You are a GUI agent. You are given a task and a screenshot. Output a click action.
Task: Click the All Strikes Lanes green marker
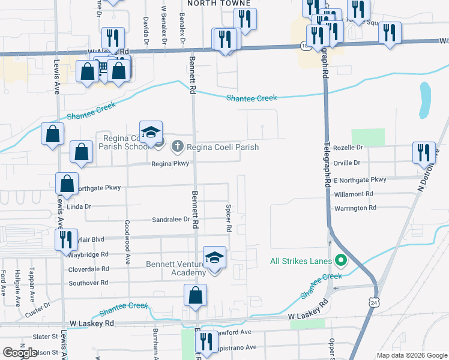click(x=341, y=260)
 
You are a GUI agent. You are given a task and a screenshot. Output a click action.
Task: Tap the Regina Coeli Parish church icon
click(x=178, y=146)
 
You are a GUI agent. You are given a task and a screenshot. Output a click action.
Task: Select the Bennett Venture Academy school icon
click(x=214, y=257)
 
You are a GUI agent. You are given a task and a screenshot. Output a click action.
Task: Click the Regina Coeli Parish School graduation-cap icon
click(x=151, y=132)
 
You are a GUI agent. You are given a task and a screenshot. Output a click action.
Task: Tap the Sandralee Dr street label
click(x=171, y=220)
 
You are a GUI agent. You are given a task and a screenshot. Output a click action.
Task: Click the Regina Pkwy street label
click(x=170, y=163)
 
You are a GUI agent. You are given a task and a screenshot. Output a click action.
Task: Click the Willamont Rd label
click(x=354, y=194)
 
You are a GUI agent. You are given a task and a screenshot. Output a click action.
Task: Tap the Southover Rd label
click(x=88, y=283)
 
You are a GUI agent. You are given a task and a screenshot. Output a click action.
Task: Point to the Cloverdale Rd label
click(x=89, y=269)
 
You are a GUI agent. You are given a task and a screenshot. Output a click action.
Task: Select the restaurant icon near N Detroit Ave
click(x=424, y=153)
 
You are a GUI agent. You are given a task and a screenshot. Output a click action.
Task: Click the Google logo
click(x=20, y=353)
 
